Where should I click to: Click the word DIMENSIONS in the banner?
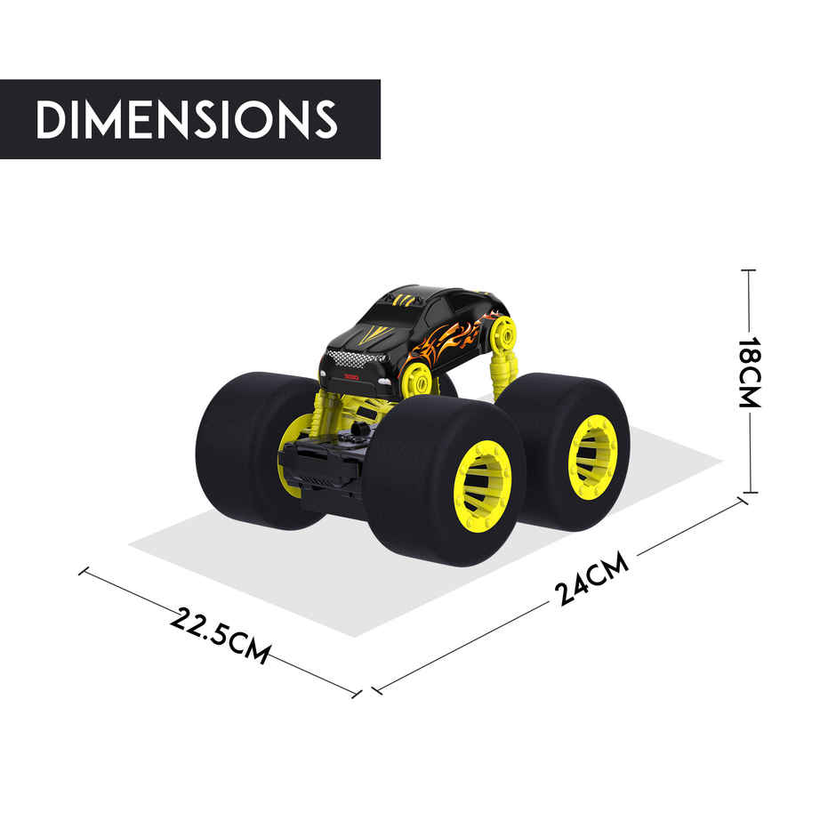(x=188, y=119)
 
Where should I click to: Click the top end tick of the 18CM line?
(x=750, y=269)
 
